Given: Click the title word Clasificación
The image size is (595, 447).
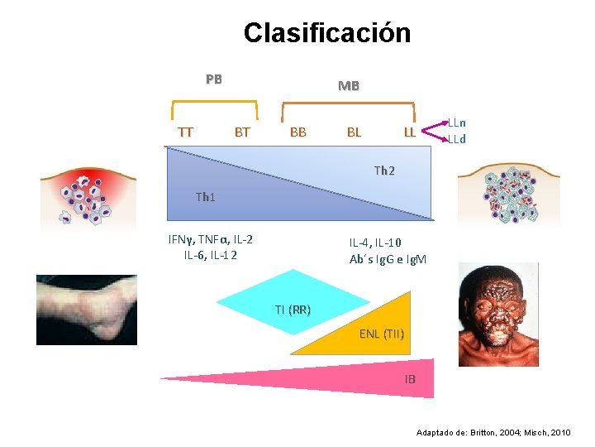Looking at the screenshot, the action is pyautogui.click(x=326, y=33).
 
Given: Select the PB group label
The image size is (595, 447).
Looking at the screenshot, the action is pyautogui.click(x=214, y=79).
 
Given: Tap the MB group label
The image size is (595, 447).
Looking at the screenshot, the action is pyautogui.click(x=348, y=85).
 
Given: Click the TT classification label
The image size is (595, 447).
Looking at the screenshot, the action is pyautogui.click(x=186, y=132).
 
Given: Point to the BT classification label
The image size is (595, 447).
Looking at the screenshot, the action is pyautogui.click(x=242, y=132).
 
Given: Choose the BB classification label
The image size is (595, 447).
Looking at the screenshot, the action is pyautogui.click(x=297, y=132).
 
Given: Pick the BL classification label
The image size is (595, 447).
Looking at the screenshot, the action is pyautogui.click(x=353, y=132).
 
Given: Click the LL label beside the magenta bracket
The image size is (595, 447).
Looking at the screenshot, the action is pyautogui.click(x=409, y=132).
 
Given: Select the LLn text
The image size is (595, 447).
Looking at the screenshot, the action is pyautogui.click(x=456, y=123).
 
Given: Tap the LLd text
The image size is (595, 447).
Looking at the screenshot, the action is pyautogui.click(x=456, y=139).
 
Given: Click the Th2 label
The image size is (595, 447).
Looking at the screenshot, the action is pyautogui.click(x=384, y=171).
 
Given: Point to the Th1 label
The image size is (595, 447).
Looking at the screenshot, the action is pyautogui.click(x=206, y=197).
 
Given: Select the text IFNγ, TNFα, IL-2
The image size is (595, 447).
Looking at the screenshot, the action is pyautogui.click(x=211, y=239).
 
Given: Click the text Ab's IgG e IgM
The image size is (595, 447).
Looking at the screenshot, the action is pyautogui.click(x=388, y=259).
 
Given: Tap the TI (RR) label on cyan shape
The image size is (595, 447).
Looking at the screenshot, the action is pyautogui.click(x=293, y=310).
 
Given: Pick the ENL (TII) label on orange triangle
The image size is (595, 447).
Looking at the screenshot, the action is pyautogui.click(x=382, y=334).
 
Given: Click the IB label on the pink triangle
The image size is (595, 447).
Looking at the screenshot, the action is pyautogui.click(x=411, y=379).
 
